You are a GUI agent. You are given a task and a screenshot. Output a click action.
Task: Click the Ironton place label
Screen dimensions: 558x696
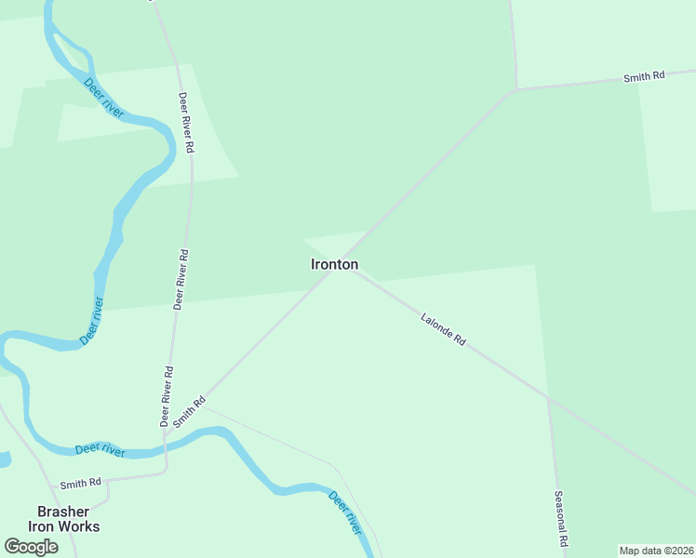pyautogui.click(x=334, y=264)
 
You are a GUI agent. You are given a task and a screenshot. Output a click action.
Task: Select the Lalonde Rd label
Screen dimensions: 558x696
pyautogui.click(x=443, y=329)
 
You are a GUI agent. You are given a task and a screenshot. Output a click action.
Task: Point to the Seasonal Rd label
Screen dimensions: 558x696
pyautogui.click(x=560, y=518)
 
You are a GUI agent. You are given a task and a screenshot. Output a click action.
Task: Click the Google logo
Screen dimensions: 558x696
pyautogui.click(x=31, y=547)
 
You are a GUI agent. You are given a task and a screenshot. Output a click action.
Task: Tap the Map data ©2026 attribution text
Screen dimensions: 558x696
pyautogui.click(x=656, y=551)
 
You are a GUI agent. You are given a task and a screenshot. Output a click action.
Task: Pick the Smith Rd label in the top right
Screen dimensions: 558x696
pyautogui.click(x=644, y=77)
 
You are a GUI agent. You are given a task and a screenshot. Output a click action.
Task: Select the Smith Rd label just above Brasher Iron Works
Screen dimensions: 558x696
pyautogui.click(x=80, y=484)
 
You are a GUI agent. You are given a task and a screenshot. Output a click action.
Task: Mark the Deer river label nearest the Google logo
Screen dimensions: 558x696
pyautogui.click(x=100, y=450)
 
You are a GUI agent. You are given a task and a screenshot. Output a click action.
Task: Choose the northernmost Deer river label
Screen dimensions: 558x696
pyautogui.click(x=104, y=98)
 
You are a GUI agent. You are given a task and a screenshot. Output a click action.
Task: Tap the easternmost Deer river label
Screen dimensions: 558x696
pyautogui.click(x=344, y=511)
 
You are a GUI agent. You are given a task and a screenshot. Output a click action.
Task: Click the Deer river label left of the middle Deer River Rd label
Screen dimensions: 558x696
pyautogui.click(x=91, y=321)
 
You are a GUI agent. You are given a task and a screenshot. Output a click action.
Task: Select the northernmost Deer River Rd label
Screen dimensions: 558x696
pyautogui.click(x=186, y=122)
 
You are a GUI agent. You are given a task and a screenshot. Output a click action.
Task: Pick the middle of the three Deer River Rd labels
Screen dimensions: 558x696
pyautogui.click(x=181, y=278)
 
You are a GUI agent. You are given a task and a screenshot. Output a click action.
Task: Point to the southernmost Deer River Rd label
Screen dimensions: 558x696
pyautogui.click(x=167, y=395)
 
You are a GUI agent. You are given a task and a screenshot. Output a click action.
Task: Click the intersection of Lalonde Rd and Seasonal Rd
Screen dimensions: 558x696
pyautogui.click(x=548, y=398)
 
